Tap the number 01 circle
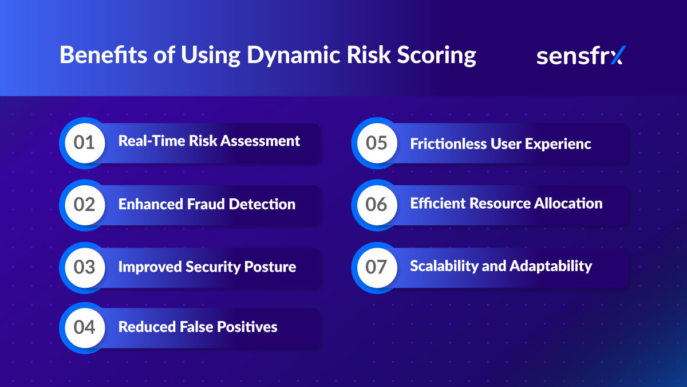point(84,142)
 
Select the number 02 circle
point(84,205)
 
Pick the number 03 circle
point(84,267)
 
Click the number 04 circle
point(84,327)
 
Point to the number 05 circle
point(376,143)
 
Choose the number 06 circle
point(376,205)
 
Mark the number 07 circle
point(376,267)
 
